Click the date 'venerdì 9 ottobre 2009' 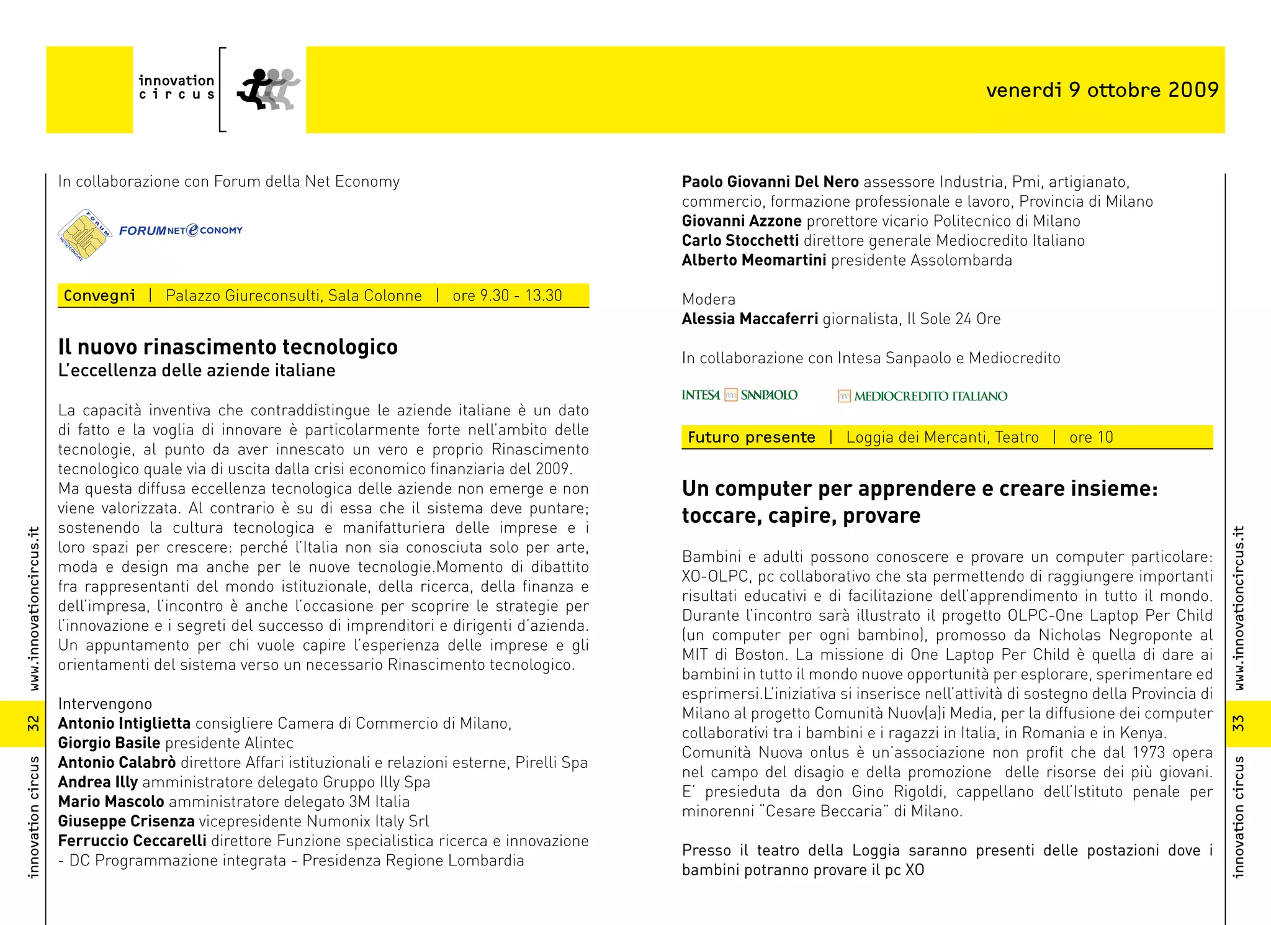click(x=1102, y=90)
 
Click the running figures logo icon click(x=268, y=89)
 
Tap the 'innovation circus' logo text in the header click(x=176, y=88)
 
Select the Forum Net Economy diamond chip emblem click(x=84, y=235)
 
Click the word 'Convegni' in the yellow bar click(x=99, y=296)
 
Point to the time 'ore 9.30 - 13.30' click(x=507, y=296)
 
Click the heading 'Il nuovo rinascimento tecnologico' click(x=228, y=347)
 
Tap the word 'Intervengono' click(x=105, y=704)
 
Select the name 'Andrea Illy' click(x=98, y=782)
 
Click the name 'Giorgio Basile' click(x=109, y=743)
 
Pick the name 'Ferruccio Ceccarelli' click(x=132, y=841)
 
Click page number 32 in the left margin click(x=33, y=723)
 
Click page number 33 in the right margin click(x=1238, y=723)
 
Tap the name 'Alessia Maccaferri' click(x=750, y=319)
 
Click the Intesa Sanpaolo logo click(x=739, y=395)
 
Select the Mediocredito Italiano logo click(x=922, y=396)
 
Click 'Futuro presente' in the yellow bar click(x=751, y=438)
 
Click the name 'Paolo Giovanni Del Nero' click(x=770, y=182)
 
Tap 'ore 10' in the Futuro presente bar click(x=1091, y=438)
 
